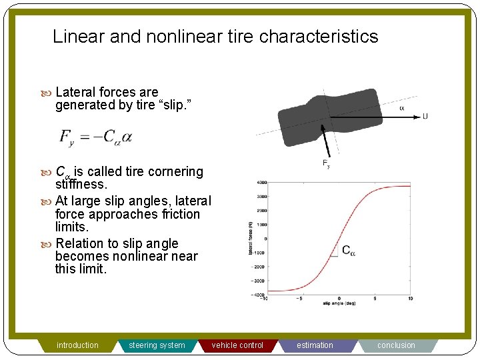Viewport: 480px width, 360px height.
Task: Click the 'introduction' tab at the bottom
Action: coord(77,345)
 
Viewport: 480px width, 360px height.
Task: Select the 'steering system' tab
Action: coord(157,345)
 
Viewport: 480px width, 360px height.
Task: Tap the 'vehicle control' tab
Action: coord(237,345)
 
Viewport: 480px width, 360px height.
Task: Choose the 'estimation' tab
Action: coord(315,345)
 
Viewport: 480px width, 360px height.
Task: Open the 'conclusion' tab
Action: coord(396,345)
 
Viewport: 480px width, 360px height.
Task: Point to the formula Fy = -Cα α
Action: coord(96,137)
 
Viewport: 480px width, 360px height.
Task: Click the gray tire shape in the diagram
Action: coord(330,117)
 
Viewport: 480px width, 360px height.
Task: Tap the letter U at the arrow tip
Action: coord(425,117)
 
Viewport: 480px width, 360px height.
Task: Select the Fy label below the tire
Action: coord(326,163)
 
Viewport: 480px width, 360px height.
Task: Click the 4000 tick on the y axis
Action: coord(261,182)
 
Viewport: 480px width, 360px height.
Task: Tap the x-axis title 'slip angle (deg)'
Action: coord(341,304)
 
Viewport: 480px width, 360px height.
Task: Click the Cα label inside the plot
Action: coord(349,251)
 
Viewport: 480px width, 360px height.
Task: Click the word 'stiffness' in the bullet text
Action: coord(81,183)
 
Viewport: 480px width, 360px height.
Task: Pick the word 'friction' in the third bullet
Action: coord(175,214)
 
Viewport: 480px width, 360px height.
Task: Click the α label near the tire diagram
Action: coord(401,108)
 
